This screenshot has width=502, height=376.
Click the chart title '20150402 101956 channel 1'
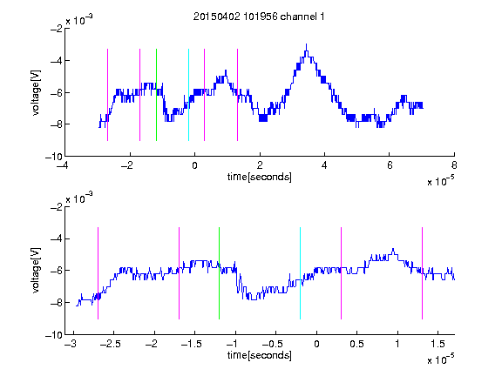click(x=259, y=17)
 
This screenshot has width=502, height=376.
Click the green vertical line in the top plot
click(x=156, y=95)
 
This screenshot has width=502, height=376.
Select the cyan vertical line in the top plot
click(x=188, y=95)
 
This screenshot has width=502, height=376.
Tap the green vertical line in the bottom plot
click(x=219, y=273)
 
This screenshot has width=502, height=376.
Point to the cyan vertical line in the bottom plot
click(x=300, y=273)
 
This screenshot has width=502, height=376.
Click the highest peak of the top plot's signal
click(x=307, y=44)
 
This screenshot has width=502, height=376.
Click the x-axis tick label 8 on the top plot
click(x=454, y=165)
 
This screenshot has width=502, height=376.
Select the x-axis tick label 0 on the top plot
click(x=194, y=165)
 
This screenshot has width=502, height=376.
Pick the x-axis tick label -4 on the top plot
click(x=63, y=165)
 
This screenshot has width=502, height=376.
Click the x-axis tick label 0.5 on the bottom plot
click(x=356, y=344)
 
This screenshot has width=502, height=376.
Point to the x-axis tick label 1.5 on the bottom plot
click(x=438, y=344)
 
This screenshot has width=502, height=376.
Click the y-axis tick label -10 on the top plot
click(x=54, y=157)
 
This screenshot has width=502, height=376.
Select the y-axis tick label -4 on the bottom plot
click(x=57, y=238)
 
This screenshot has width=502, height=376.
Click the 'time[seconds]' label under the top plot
click(x=260, y=177)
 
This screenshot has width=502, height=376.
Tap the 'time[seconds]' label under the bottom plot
click(x=260, y=355)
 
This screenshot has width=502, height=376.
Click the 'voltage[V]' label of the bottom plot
click(x=36, y=270)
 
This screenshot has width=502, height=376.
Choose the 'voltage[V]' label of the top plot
click(x=36, y=93)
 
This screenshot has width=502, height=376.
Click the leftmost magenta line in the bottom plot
click(x=98, y=273)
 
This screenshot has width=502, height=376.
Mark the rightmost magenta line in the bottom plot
click(x=422, y=273)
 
